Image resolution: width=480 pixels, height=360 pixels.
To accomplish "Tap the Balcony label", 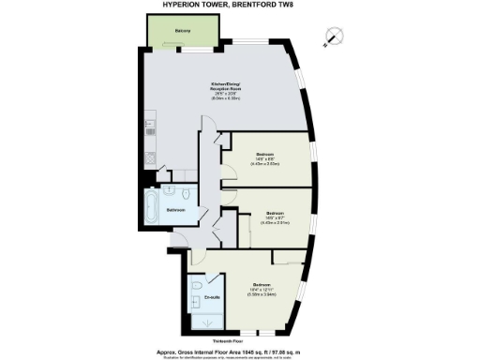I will pyautogui.click(x=184, y=32).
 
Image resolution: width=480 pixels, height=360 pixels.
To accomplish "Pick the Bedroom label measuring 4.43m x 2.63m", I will pyautogui.click(x=265, y=153).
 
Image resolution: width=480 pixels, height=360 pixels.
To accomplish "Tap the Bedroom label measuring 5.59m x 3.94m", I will pyautogui.click(x=262, y=284).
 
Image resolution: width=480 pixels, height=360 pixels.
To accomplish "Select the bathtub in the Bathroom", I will pyautogui.click(x=152, y=208).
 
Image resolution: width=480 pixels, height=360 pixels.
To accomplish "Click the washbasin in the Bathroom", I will pyautogui.click(x=170, y=190).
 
